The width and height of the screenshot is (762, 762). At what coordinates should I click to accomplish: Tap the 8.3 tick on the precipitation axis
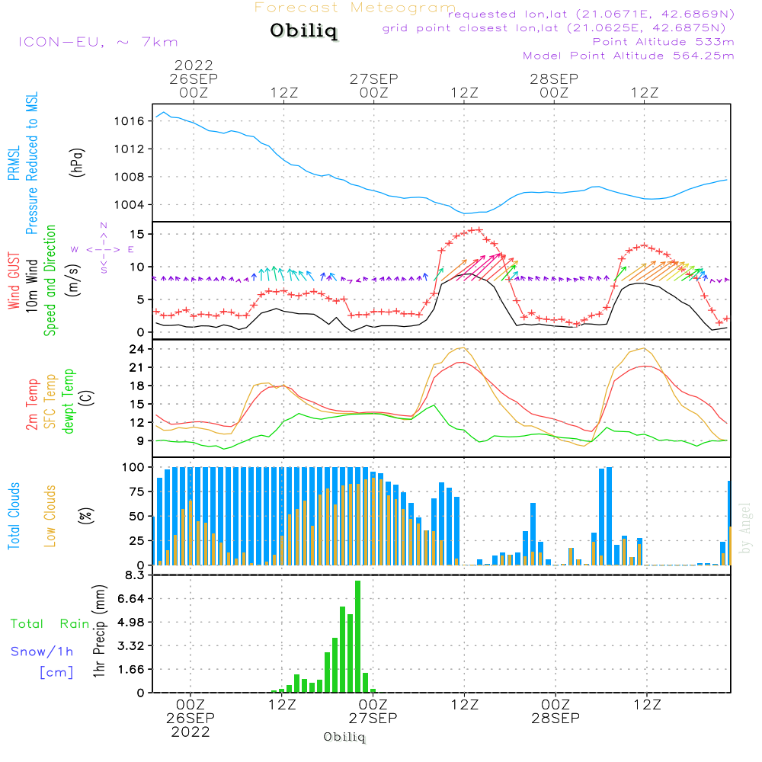[x=136, y=575]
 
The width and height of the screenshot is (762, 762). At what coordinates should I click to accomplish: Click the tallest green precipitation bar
[x=357, y=636]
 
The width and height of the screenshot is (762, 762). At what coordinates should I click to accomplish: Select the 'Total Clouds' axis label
[x=14, y=516]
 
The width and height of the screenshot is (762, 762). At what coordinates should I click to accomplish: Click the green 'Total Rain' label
[x=50, y=624]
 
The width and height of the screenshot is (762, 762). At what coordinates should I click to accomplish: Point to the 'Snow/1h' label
[x=42, y=652]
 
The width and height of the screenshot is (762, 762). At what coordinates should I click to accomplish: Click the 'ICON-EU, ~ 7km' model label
[x=97, y=41]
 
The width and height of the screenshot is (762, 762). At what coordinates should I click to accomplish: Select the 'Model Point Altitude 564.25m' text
[x=628, y=56]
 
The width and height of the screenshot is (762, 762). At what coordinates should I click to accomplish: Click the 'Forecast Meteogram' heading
[x=355, y=8]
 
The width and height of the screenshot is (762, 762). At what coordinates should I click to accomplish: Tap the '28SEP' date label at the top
[x=554, y=78]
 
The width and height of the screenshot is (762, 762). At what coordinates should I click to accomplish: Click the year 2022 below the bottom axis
[x=190, y=732]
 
